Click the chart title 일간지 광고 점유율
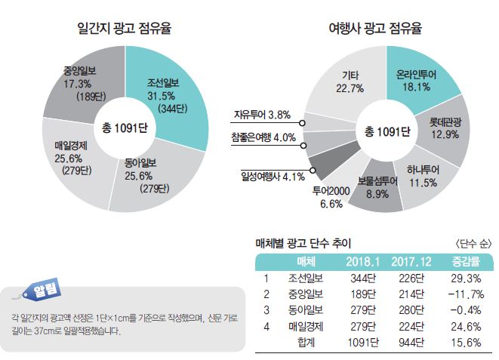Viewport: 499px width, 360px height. point(125,29)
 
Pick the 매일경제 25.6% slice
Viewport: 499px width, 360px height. point(72,158)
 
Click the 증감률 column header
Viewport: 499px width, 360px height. point(461,261)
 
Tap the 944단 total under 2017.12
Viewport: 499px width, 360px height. point(411,342)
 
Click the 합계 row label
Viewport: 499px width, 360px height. point(309,342)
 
